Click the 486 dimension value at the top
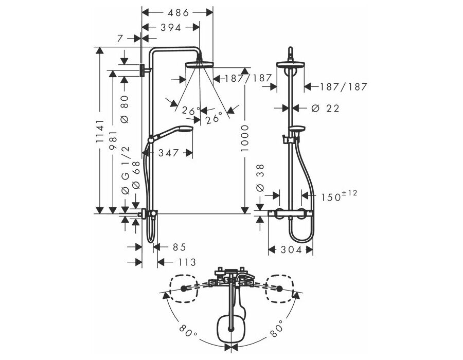(178, 13)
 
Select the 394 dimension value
(171, 28)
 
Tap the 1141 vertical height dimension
(100, 131)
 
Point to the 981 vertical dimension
(113, 140)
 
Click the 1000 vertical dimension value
(244, 138)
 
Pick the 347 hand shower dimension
(169, 153)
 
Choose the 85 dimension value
(179, 247)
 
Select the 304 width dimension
(291, 250)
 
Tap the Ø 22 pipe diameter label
(326, 109)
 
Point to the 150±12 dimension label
(339, 195)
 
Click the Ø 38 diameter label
(260, 178)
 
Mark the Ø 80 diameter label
(125, 109)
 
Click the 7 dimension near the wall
(120, 39)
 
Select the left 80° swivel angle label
(188, 331)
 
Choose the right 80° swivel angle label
(276, 329)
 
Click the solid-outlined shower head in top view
(230, 329)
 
